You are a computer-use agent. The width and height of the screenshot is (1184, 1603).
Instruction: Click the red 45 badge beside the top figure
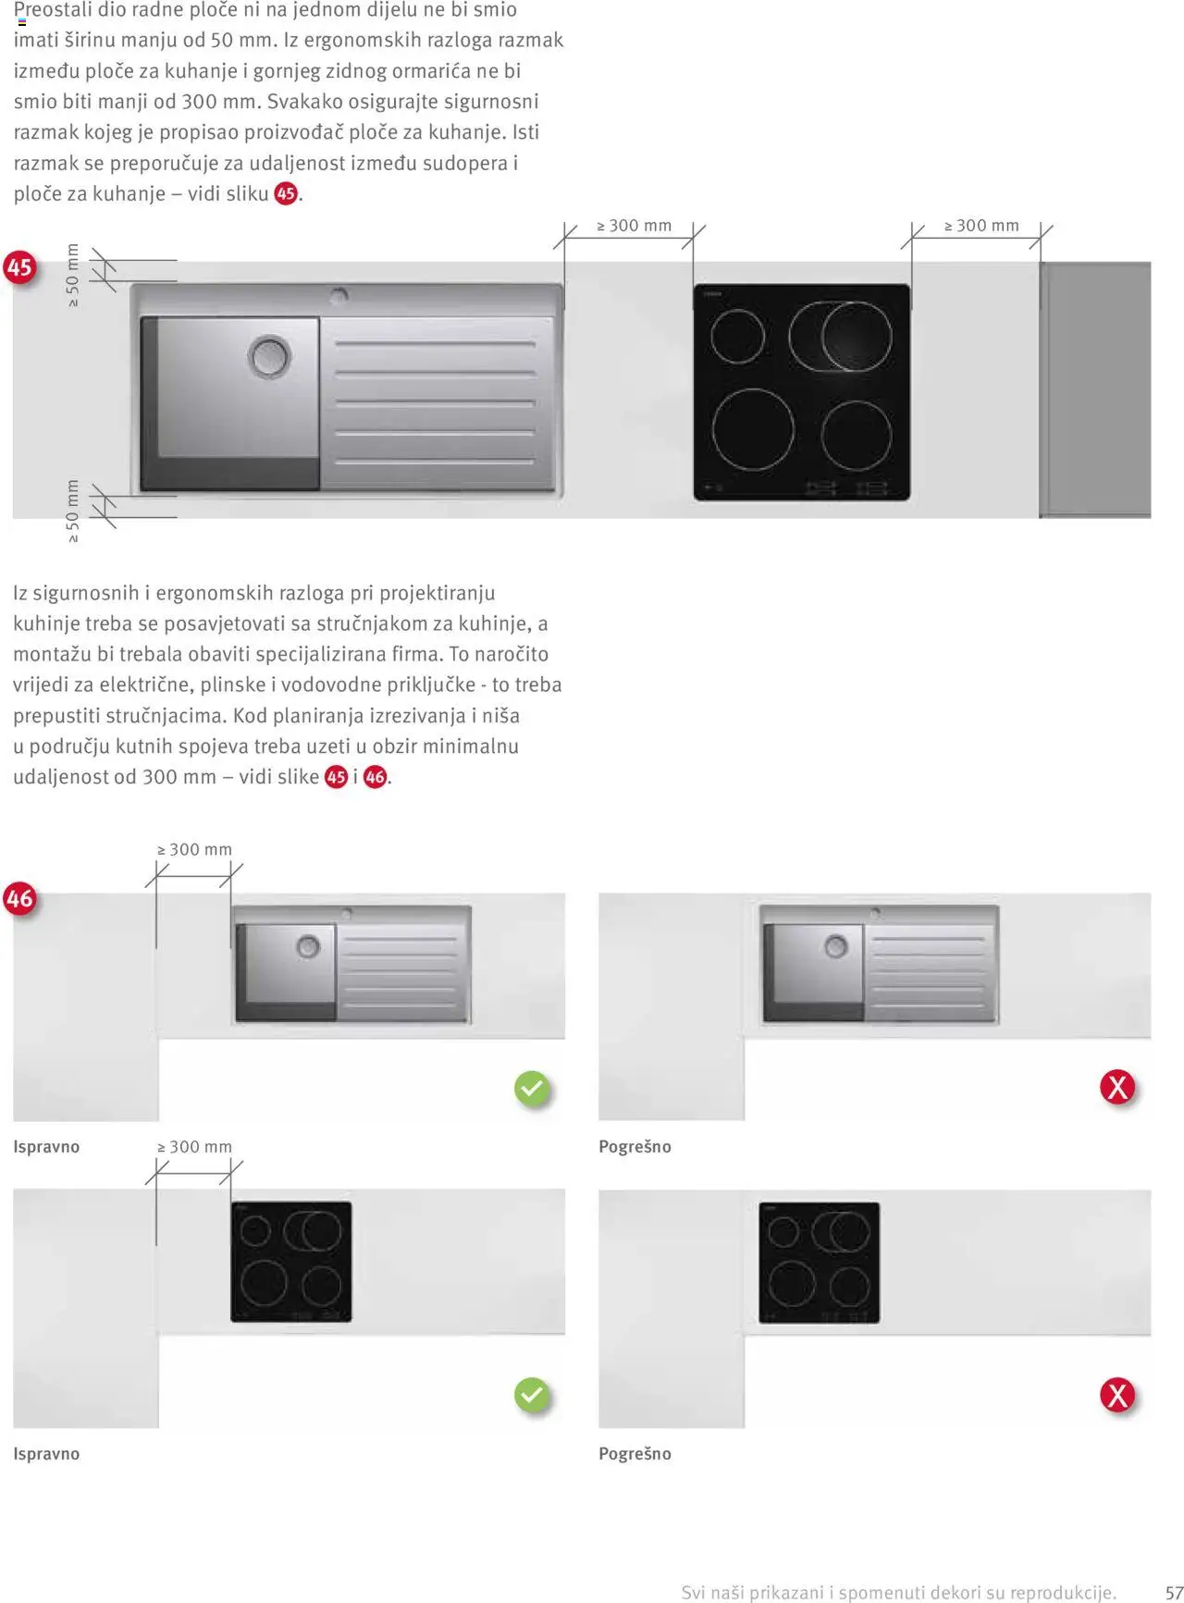(x=19, y=267)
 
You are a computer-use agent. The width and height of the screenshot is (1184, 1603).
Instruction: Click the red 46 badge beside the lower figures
(x=19, y=898)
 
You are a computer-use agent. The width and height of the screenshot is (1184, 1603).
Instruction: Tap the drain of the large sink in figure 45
(x=269, y=356)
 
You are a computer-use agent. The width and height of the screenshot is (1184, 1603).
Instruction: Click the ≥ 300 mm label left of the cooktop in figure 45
(x=634, y=226)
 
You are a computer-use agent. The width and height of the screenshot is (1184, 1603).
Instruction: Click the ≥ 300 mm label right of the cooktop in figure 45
(x=980, y=226)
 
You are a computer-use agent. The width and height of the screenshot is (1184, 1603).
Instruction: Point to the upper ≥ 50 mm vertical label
(x=73, y=276)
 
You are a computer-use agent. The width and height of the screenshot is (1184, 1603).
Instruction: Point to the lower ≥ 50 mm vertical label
(x=73, y=511)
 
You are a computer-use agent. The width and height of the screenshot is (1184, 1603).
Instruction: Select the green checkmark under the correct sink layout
(x=532, y=1089)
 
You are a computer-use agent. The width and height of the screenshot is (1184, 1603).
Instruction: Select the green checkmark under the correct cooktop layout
(x=532, y=1395)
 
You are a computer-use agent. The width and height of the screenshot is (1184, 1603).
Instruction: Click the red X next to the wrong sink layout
(x=1117, y=1087)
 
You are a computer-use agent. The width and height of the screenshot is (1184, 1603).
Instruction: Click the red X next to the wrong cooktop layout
(x=1117, y=1395)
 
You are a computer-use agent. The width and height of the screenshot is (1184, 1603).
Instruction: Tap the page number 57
(x=1173, y=1592)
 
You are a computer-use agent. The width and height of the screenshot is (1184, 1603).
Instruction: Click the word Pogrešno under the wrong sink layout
(x=635, y=1147)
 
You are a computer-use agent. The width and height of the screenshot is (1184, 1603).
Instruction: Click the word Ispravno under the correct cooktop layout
(x=46, y=1454)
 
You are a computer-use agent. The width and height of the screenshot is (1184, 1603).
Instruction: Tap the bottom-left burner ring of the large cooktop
(x=753, y=429)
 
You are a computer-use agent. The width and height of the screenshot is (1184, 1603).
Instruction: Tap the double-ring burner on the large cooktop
(x=843, y=336)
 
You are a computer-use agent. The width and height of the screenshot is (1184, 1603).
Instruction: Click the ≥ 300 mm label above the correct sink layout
(x=194, y=850)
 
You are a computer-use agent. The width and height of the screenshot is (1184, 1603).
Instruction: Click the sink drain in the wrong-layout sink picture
(x=836, y=947)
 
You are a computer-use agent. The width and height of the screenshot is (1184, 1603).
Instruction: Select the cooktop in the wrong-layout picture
(x=819, y=1263)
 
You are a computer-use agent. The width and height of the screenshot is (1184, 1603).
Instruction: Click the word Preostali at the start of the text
(x=54, y=10)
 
